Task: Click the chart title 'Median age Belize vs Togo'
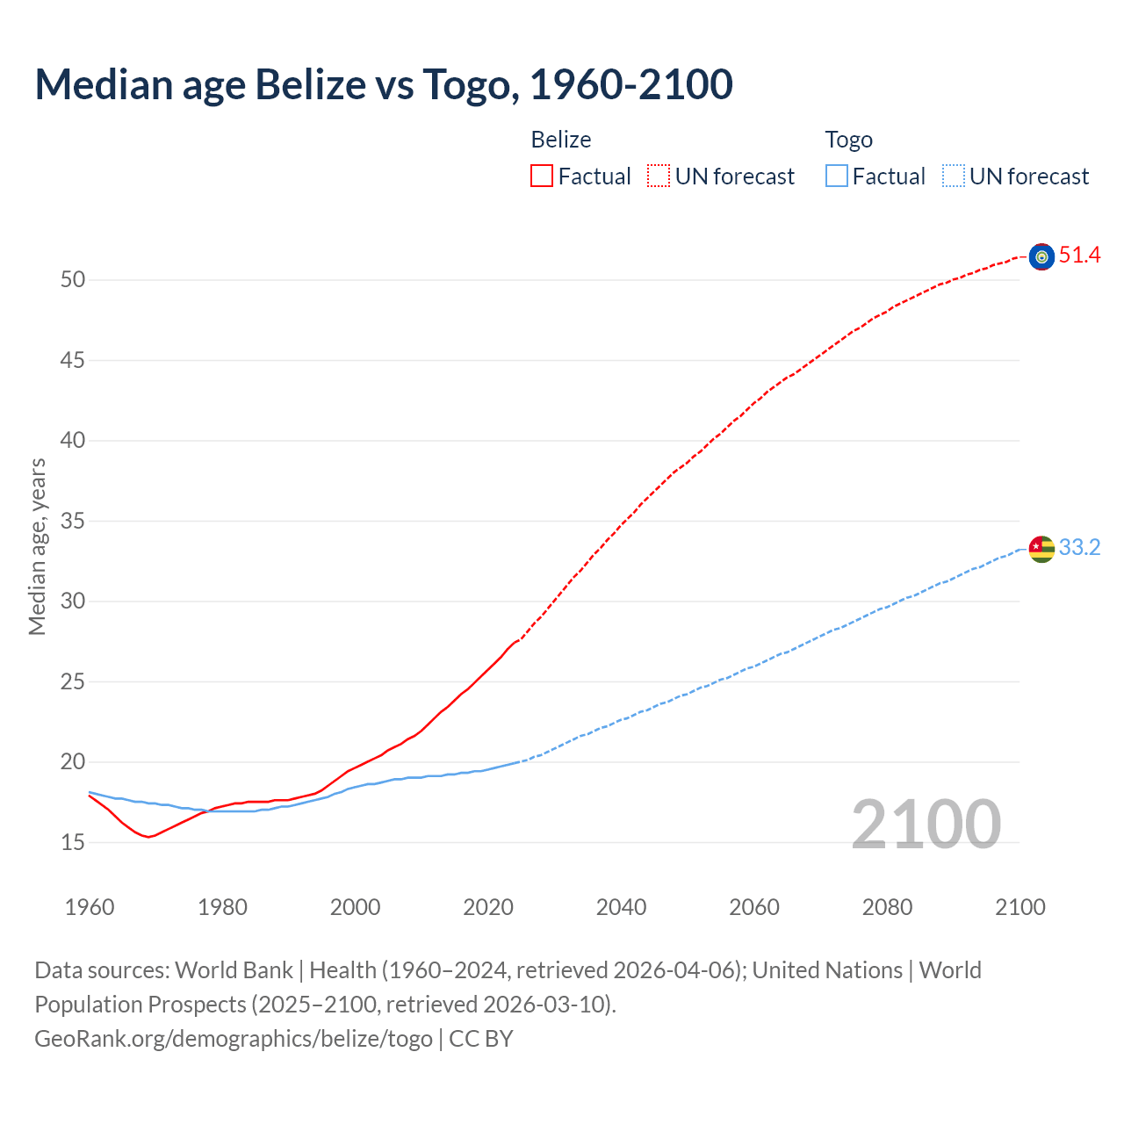pos(384,85)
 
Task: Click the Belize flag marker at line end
pos(1041,256)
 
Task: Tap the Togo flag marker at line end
pos(1041,549)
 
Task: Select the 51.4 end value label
pos(1079,256)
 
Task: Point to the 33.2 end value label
pos(1079,548)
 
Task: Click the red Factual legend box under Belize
pos(542,177)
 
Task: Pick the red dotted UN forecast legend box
pos(659,177)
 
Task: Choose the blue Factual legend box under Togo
pos(837,177)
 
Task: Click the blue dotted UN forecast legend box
pos(954,177)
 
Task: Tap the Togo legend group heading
pos(848,140)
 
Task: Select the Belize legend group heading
pos(561,140)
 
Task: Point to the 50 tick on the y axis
pos(73,280)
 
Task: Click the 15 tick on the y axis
pos(73,843)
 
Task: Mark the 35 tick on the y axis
pos(73,522)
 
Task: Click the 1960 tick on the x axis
pos(90,907)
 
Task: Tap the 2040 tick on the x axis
pos(621,907)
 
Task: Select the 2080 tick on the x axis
pos(887,907)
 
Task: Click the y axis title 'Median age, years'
pos(37,546)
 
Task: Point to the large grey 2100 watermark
pos(926,825)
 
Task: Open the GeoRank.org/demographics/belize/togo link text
pos(234,1039)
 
